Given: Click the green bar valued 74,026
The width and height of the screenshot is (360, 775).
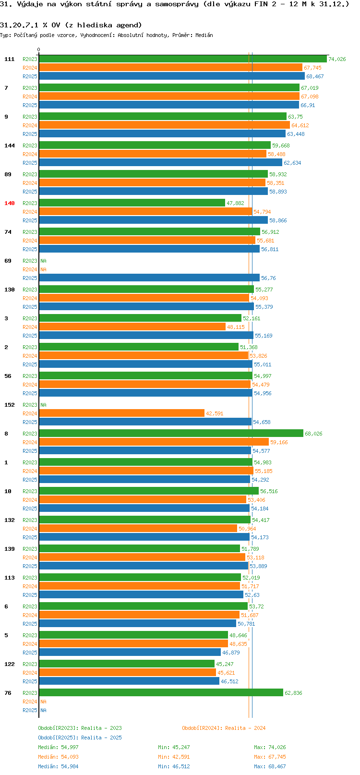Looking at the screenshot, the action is tap(183, 59).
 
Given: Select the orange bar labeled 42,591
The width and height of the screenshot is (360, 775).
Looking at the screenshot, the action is tap(122, 413).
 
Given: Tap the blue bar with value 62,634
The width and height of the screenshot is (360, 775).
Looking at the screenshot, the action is tap(160, 162).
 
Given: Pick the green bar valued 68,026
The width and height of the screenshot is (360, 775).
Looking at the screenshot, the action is tap(171, 433).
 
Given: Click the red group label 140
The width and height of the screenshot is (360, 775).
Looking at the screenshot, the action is tap(9, 203).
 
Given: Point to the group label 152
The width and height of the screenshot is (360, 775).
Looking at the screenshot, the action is tap(9, 405).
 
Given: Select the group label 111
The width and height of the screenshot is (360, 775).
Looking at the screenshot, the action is tap(9, 59).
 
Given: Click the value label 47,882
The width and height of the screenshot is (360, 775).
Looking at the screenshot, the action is tap(235, 203).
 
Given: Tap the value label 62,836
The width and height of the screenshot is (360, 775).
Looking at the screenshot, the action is tap(293, 693).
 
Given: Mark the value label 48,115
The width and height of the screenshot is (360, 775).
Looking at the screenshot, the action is tap(236, 327).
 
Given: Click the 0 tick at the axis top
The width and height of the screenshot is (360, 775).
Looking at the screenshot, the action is tap(38, 49).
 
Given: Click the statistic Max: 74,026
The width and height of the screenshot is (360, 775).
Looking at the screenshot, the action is tap(270, 747).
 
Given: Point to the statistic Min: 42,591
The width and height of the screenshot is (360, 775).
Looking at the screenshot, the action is tap(174, 757).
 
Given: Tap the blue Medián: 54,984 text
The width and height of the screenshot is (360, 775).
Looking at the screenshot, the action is tap(58, 766).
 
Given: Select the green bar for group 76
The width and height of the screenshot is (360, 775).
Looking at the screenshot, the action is tap(161, 693).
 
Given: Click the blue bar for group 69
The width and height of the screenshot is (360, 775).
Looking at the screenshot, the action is tap(149, 278).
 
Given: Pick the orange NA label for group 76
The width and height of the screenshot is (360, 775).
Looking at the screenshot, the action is tap(43, 702).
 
